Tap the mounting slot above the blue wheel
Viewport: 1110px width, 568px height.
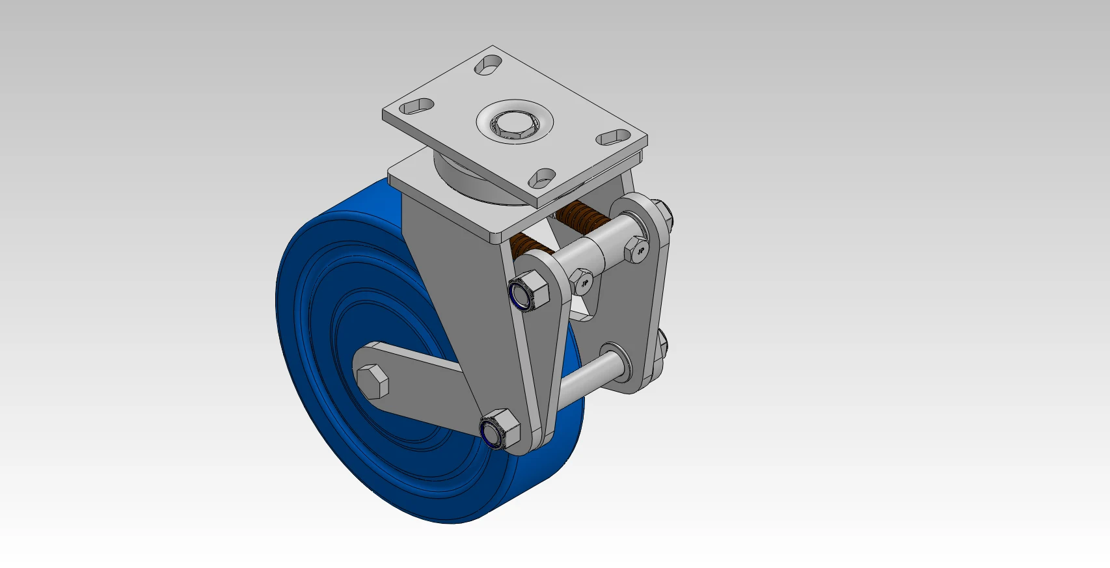tap(416, 106)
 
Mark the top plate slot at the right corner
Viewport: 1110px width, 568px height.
tap(614, 137)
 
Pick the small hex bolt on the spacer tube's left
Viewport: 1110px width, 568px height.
tap(582, 281)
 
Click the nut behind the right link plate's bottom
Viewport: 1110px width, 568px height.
tap(662, 345)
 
